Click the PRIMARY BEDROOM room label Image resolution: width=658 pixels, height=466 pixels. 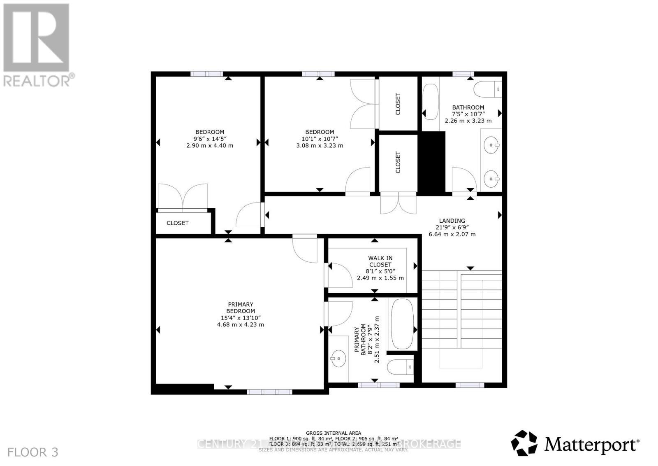pyautogui.click(x=241, y=308)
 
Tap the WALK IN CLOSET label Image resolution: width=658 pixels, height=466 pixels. pyautogui.click(x=380, y=261)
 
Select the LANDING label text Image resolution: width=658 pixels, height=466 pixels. pyautogui.click(x=452, y=221)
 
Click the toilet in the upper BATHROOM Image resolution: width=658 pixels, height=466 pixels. pyautogui.click(x=488, y=89)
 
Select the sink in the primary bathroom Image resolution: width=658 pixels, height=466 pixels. pyautogui.click(x=338, y=359)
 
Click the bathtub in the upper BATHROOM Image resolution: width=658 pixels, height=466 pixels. pyautogui.click(x=431, y=102)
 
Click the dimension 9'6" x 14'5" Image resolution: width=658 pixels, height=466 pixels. pyautogui.click(x=210, y=139)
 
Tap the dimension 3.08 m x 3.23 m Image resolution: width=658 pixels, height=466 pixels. pyautogui.click(x=320, y=145)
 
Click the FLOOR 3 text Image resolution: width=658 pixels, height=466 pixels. pyautogui.click(x=33, y=452)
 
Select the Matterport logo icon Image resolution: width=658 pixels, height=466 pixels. pyautogui.click(x=524, y=443)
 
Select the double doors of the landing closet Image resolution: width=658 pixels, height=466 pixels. pyautogui.click(x=398, y=204)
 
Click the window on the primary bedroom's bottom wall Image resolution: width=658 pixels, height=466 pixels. pyautogui.click(x=269, y=391)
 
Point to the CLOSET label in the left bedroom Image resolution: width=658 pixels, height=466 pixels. pyautogui.click(x=177, y=223)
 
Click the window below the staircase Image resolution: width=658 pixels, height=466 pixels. pyautogui.click(x=470, y=385)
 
